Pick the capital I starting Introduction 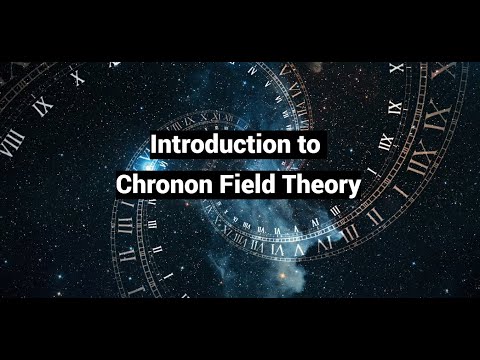tap(154, 144)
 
